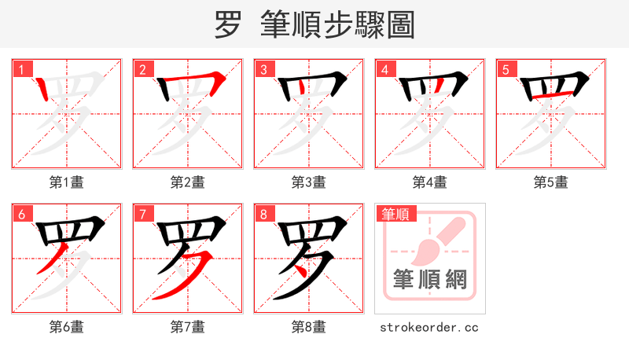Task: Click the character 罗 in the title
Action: click(x=228, y=25)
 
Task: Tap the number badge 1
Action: click(x=21, y=69)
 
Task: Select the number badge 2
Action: click(x=142, y=69)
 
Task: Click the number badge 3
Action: click(x=263, y=69)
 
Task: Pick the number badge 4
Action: click(x=384, y=69)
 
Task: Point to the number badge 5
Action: click(x=506, y=69)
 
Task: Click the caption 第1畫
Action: click(x=67, y=182)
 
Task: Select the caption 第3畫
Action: click(x=309, y=182)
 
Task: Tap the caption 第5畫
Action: click(x=551, y=182)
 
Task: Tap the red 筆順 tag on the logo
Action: click(x=395, y=214)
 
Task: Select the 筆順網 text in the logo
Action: click(x=430, y=279)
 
